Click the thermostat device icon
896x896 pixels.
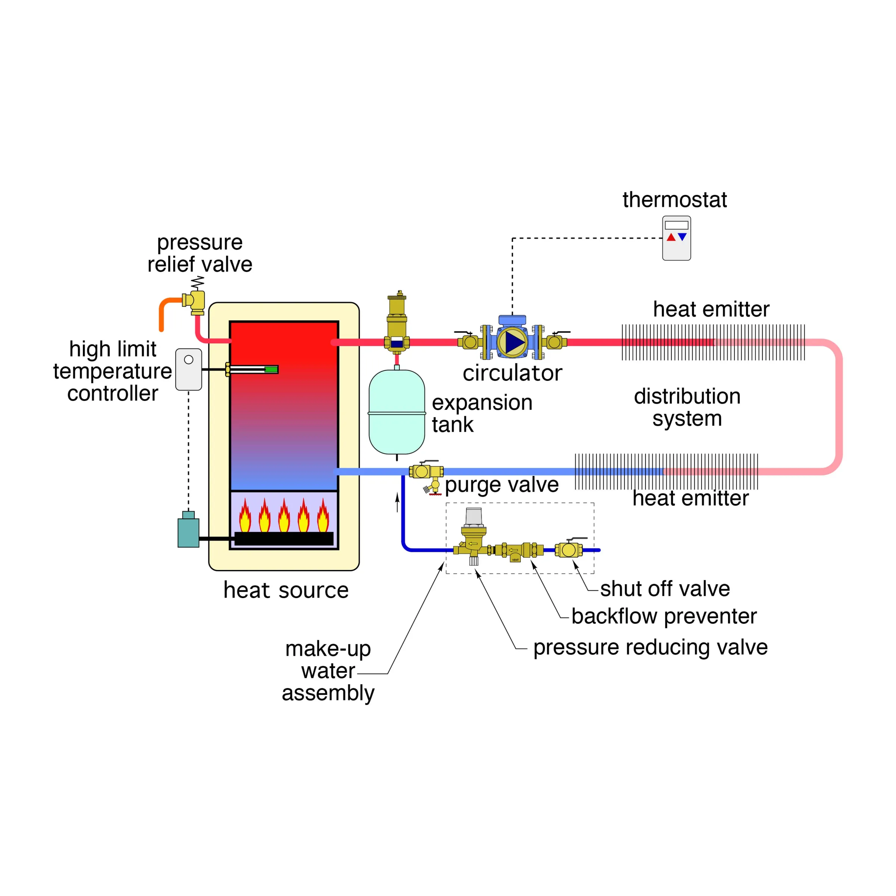[676, 238]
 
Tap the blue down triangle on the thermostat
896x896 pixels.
[682, 237]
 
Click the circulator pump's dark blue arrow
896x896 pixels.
[514, 342]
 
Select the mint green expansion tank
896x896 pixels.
[396, 412]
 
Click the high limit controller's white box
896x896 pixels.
[188, 370]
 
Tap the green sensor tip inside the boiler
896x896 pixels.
[271, 370]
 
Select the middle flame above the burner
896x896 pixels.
[284, 516]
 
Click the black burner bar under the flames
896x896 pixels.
[284, 538]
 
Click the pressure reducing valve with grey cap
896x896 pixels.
[473, 538]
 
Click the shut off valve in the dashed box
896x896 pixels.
[569, 550]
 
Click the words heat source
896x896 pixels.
[286, 590]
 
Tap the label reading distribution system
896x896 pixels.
[687, 407]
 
